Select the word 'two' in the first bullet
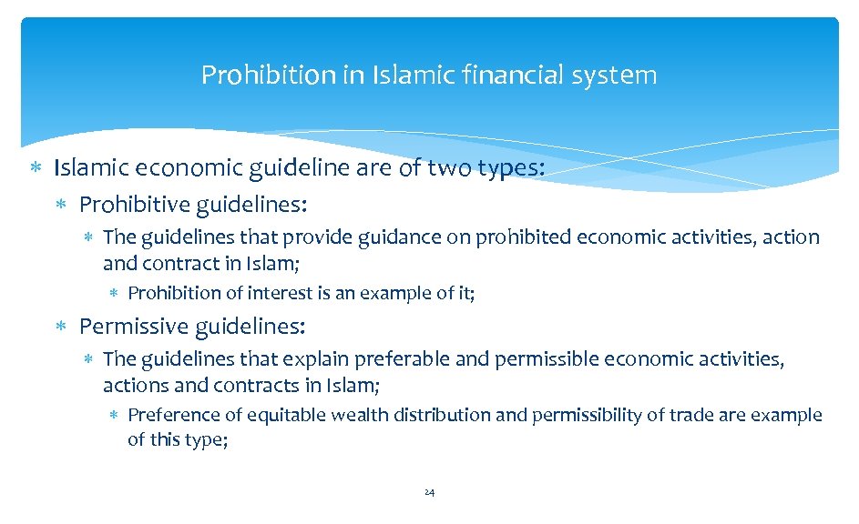click(453, 167)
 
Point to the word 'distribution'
click(444, 415)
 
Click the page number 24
click(430, 492)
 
